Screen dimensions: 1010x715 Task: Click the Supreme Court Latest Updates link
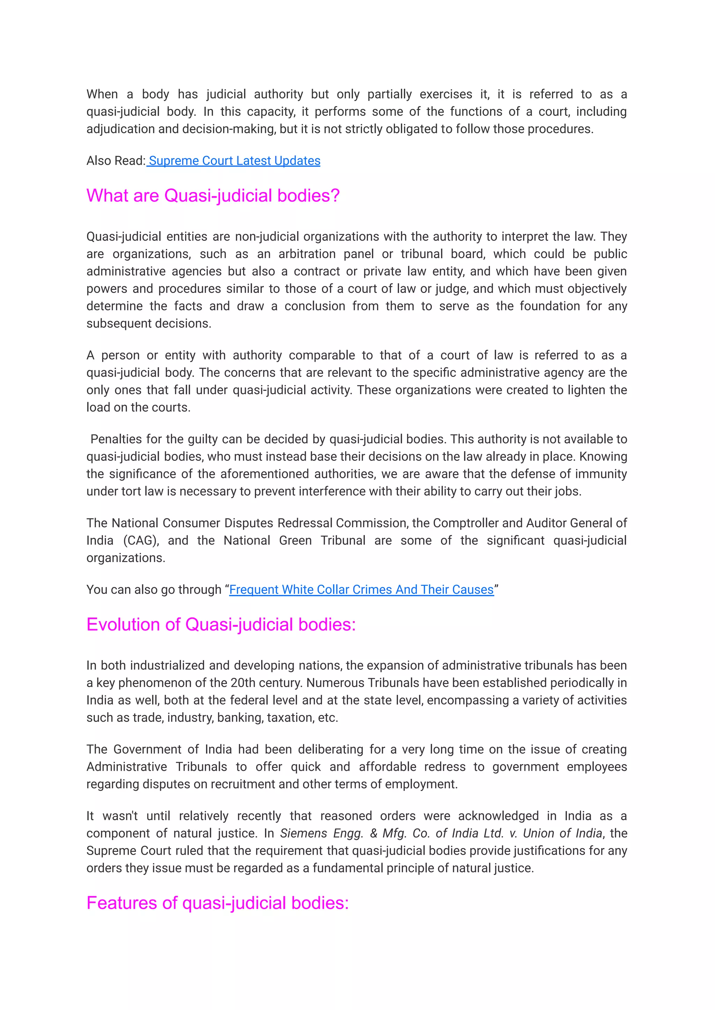[x=234, y=161]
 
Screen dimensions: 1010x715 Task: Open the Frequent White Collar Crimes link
[x=361, y=590]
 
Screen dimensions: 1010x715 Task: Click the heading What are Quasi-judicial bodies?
[x=213, y=196]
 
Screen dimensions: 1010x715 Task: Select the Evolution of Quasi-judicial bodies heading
[x=221, y=624]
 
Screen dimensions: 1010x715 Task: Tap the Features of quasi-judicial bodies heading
[x=218, y=903]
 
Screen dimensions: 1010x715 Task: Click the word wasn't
[x=120, y=816]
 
